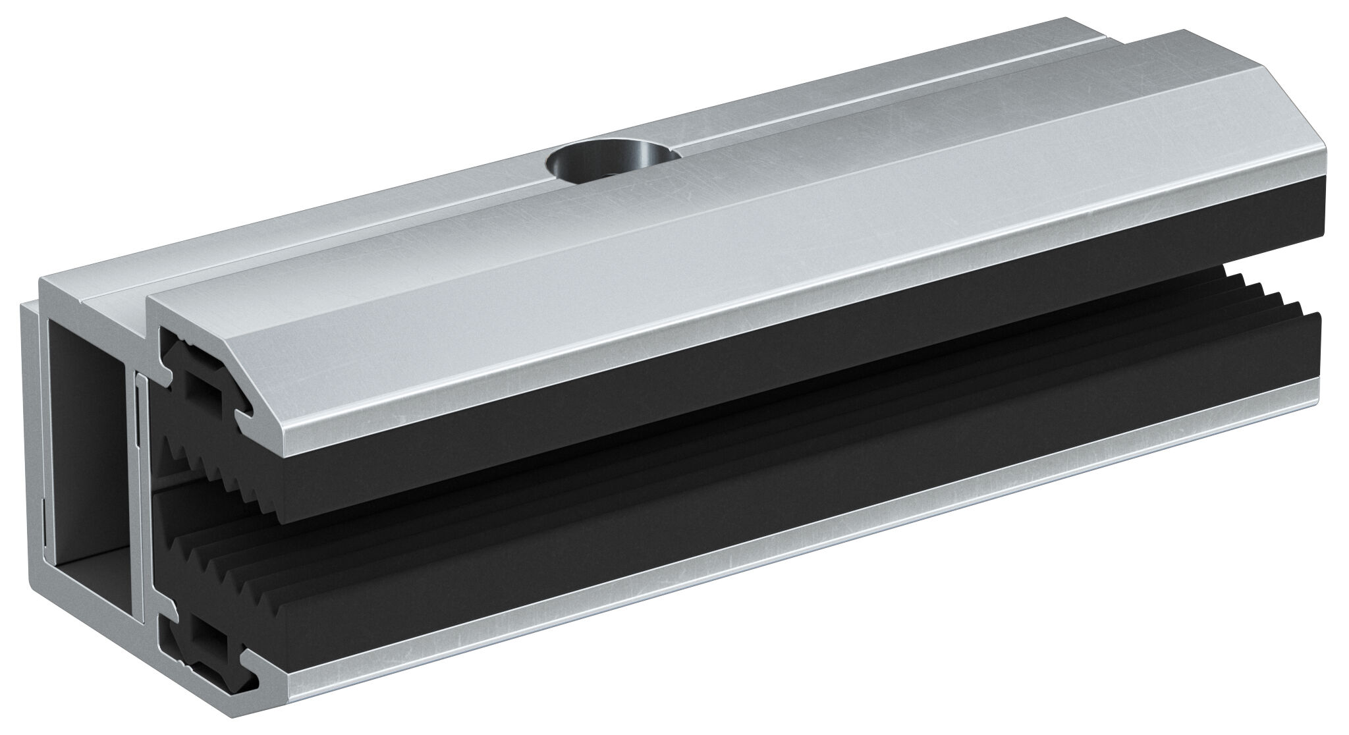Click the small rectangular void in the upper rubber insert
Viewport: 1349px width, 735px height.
204,391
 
